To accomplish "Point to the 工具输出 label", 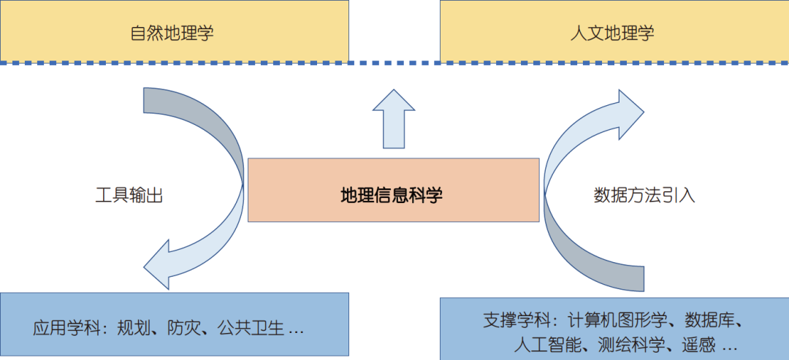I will point(129,195).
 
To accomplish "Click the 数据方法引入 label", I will point(644,195).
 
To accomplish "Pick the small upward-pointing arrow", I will point(394,118).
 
